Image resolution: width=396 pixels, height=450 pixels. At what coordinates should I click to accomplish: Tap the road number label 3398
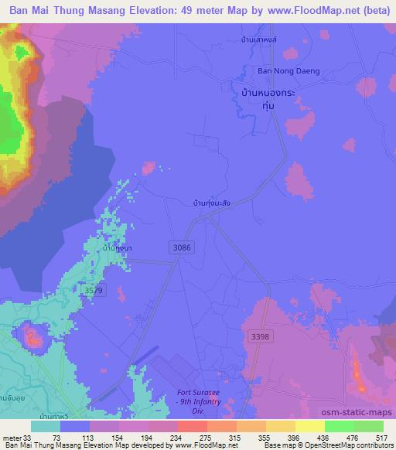(261, 336)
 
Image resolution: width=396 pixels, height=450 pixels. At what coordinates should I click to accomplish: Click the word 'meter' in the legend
(12, 438)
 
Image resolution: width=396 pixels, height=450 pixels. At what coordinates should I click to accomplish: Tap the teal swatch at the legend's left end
(46, 426)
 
